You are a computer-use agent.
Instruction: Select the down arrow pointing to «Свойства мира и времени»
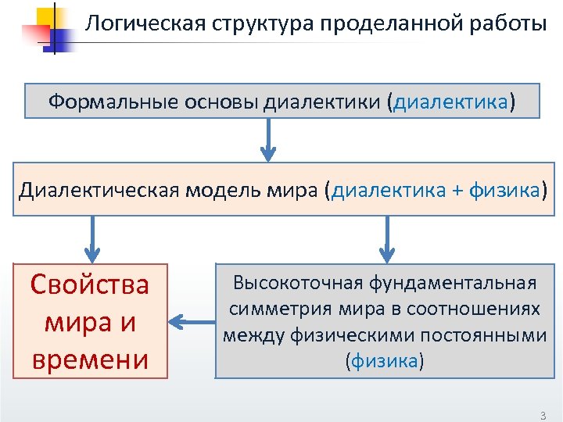click(92, 239)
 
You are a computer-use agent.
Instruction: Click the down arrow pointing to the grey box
click(387, 239)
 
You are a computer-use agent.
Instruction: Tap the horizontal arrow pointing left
click(191, 320)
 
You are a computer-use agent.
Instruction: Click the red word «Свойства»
click(89, 284)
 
